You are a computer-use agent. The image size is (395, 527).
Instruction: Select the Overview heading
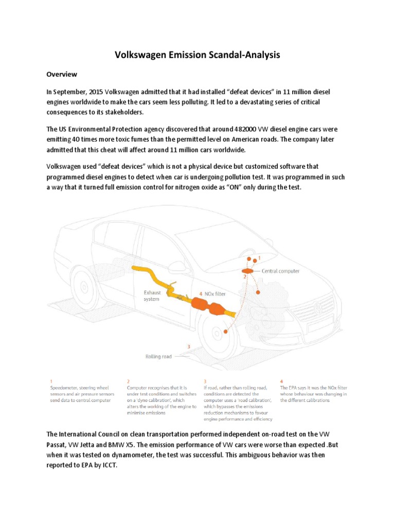pos(62,74)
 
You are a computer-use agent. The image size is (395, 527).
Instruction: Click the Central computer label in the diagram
pos(280,271)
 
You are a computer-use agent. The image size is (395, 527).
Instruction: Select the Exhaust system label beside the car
pos(152,295)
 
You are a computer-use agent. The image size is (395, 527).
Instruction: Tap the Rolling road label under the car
pos(158,356)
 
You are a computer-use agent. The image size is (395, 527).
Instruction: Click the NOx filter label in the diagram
pos(216,294)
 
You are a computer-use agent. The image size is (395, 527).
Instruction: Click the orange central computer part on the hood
pos(247,270)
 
